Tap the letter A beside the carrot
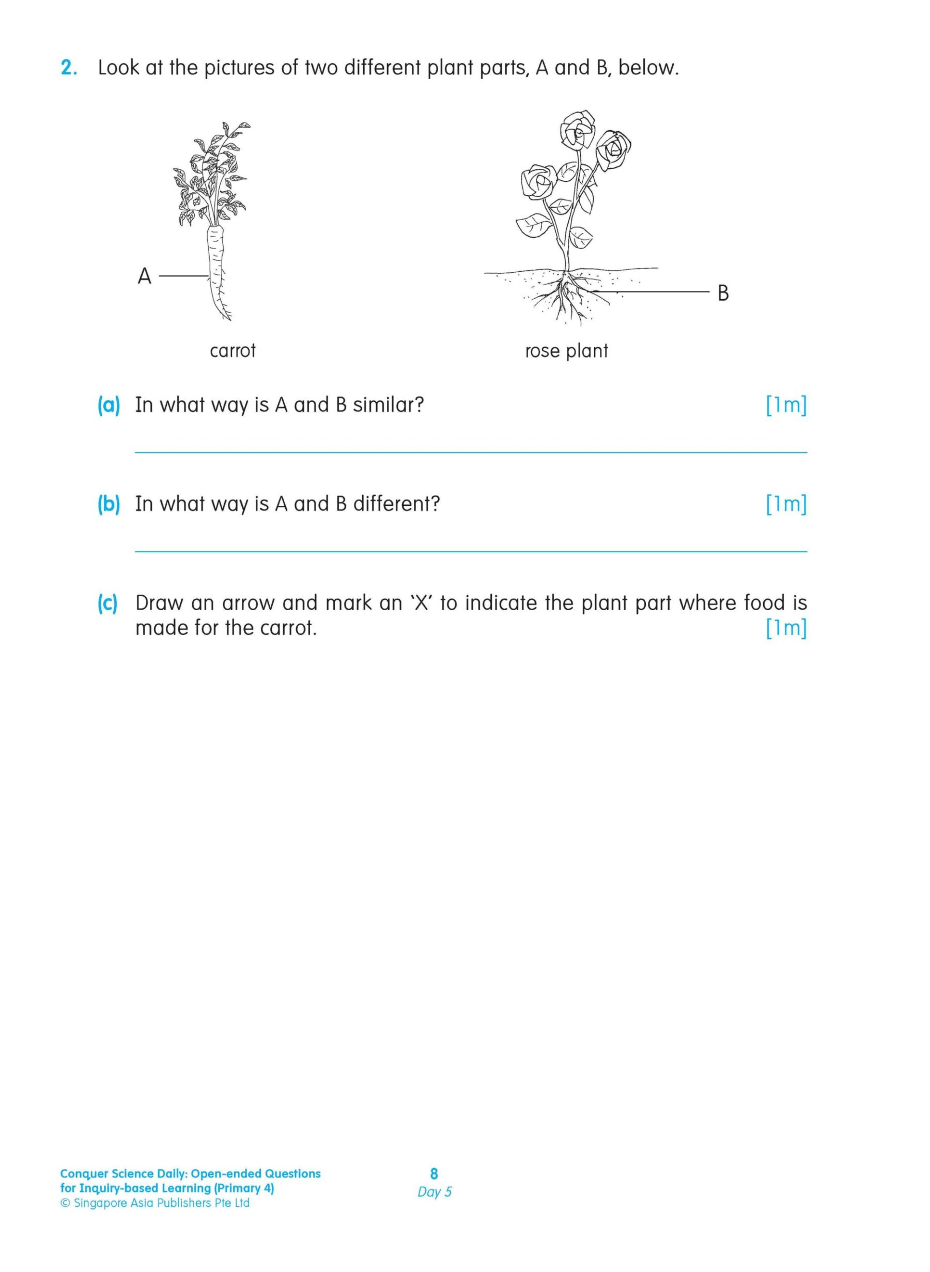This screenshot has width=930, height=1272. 145,276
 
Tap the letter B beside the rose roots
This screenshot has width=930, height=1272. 723,293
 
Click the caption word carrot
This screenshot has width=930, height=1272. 233,351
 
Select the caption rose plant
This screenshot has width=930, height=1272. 566,351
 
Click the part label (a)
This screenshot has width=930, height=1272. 109,405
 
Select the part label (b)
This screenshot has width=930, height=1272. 109,504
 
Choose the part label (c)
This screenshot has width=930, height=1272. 107,603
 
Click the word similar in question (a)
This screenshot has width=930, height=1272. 388,405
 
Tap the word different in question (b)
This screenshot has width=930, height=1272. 396,504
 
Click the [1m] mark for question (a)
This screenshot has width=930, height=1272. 786,405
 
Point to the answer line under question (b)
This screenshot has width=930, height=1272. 471,552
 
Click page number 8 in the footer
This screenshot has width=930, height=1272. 434,1173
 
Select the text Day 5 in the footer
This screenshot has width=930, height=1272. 434,1191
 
